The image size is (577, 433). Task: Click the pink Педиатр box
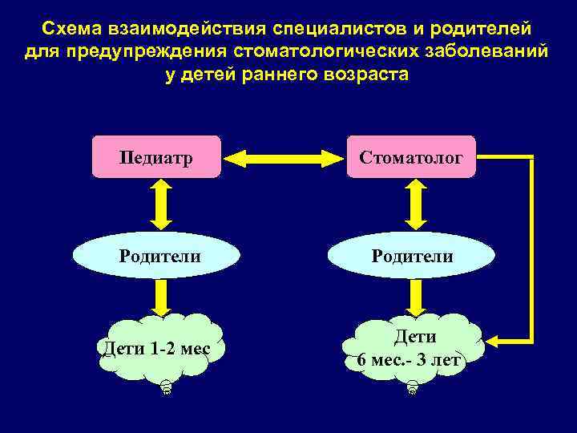click(156, 156)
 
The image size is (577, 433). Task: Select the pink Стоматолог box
click(411, 156)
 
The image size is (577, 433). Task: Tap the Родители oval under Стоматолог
click(411, 257)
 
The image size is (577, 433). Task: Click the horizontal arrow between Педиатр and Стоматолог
click(284, 156)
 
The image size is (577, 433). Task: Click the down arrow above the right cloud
click(414, 297)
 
